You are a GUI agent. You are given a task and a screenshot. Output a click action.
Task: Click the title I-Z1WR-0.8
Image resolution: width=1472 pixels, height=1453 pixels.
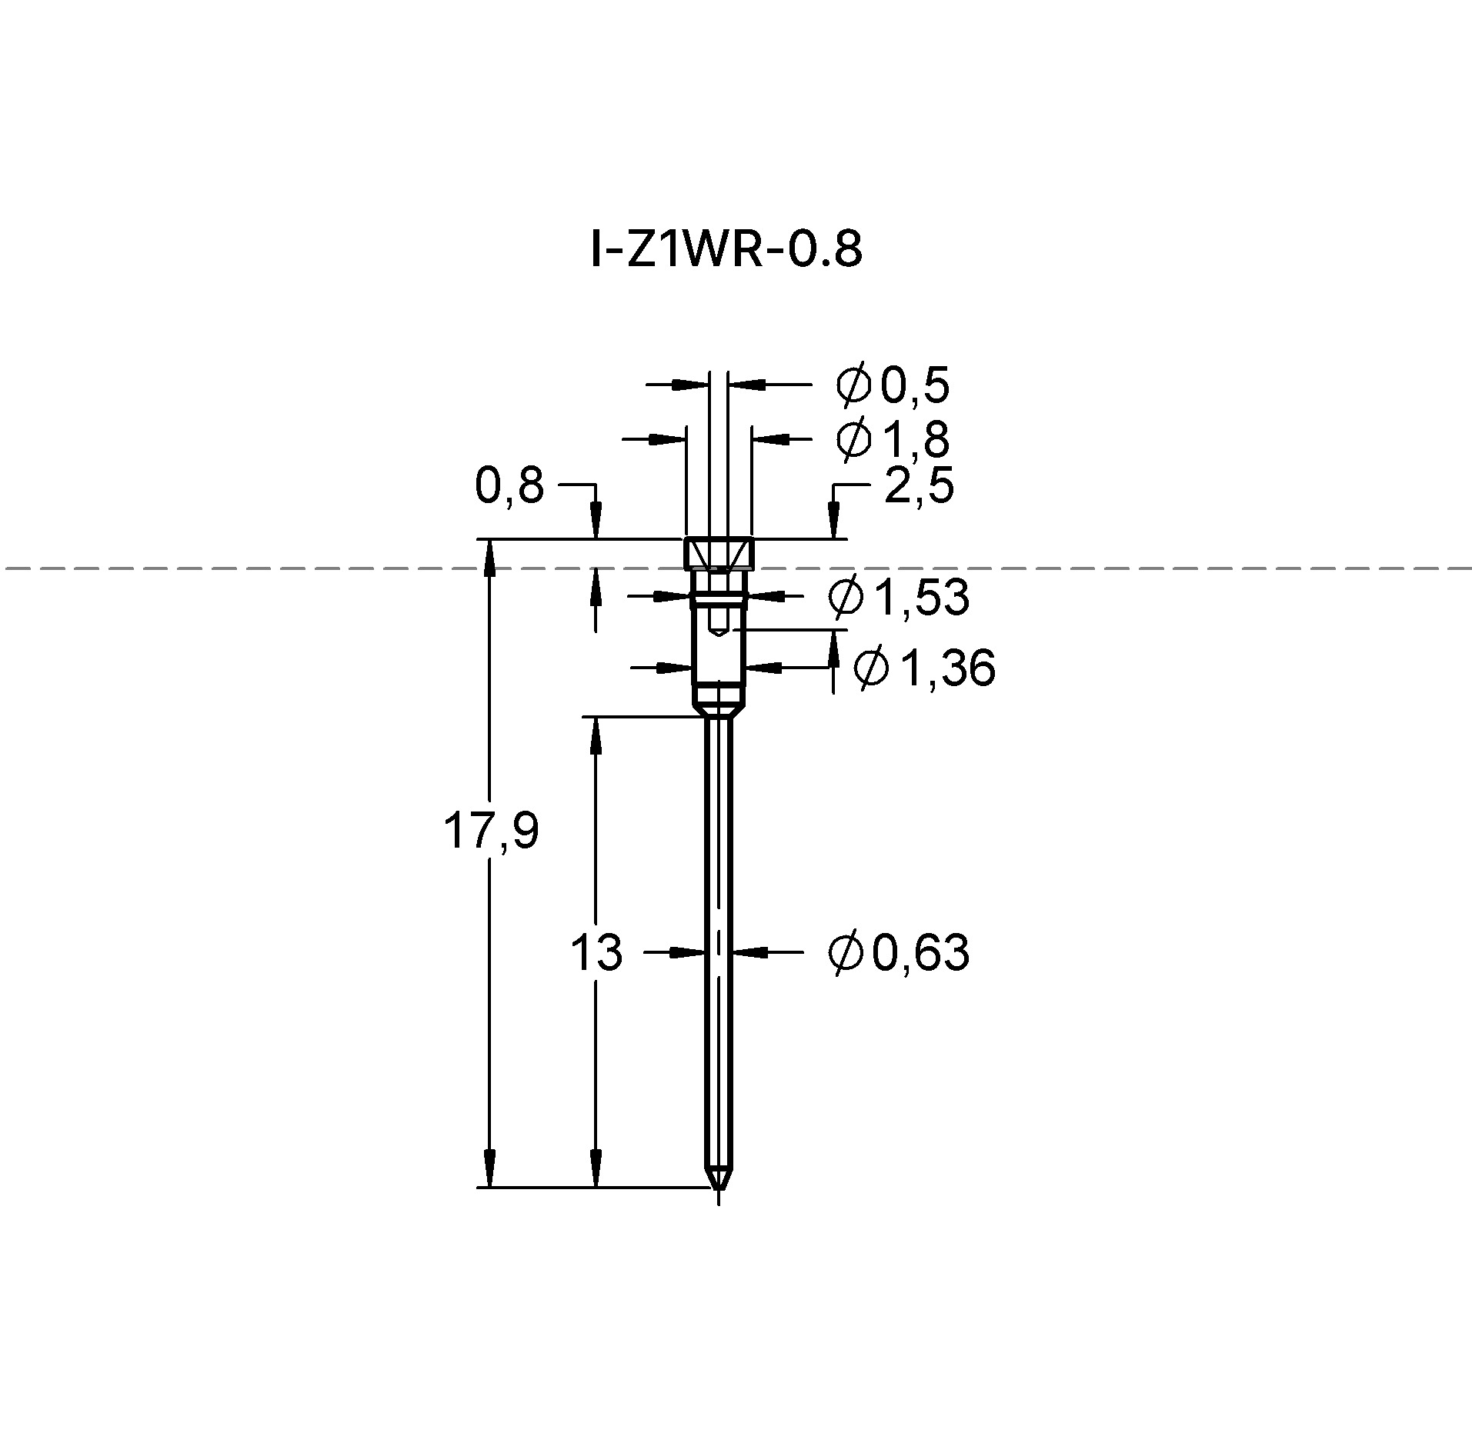coord(726,250)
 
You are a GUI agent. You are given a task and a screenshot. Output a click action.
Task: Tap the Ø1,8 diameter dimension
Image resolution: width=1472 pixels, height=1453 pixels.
coord(893,439)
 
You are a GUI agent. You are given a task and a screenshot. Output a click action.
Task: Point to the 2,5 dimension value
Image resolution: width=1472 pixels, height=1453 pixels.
coord(919,486)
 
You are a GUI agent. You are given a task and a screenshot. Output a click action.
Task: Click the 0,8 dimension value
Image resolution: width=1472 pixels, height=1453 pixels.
coord(509,486)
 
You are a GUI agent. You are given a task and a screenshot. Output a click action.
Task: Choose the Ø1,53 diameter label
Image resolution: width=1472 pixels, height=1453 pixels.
coord(899,597)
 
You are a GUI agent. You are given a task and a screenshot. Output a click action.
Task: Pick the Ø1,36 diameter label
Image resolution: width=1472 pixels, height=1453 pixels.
coord(925,667)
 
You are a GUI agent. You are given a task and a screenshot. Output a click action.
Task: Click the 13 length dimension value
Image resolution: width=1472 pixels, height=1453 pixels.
coord(596,952)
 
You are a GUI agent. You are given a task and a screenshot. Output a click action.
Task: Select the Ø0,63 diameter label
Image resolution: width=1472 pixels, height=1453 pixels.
coord(899,952)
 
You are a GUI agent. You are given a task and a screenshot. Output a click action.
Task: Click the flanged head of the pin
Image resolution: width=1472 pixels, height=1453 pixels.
coord(719,555)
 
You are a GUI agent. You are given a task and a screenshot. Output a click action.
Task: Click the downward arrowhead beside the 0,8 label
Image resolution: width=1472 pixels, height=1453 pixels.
coord(595,521)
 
